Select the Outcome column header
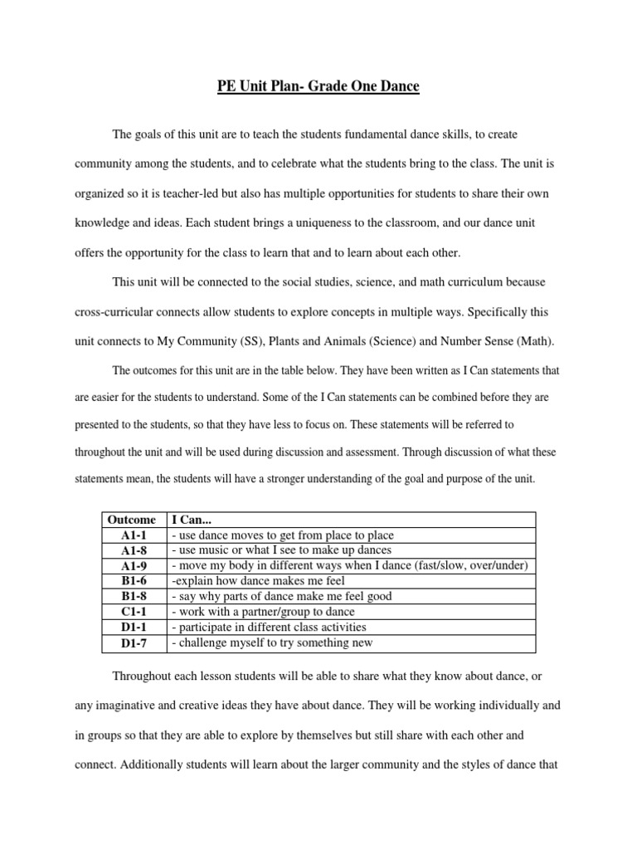coord(132,520)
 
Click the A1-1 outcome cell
coord(133,535)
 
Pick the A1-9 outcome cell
coord(133,566)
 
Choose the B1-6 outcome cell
coord(133,581)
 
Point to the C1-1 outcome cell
coord(133,612)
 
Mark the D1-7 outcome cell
coord(133,642)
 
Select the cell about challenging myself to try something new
coord(272,642)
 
